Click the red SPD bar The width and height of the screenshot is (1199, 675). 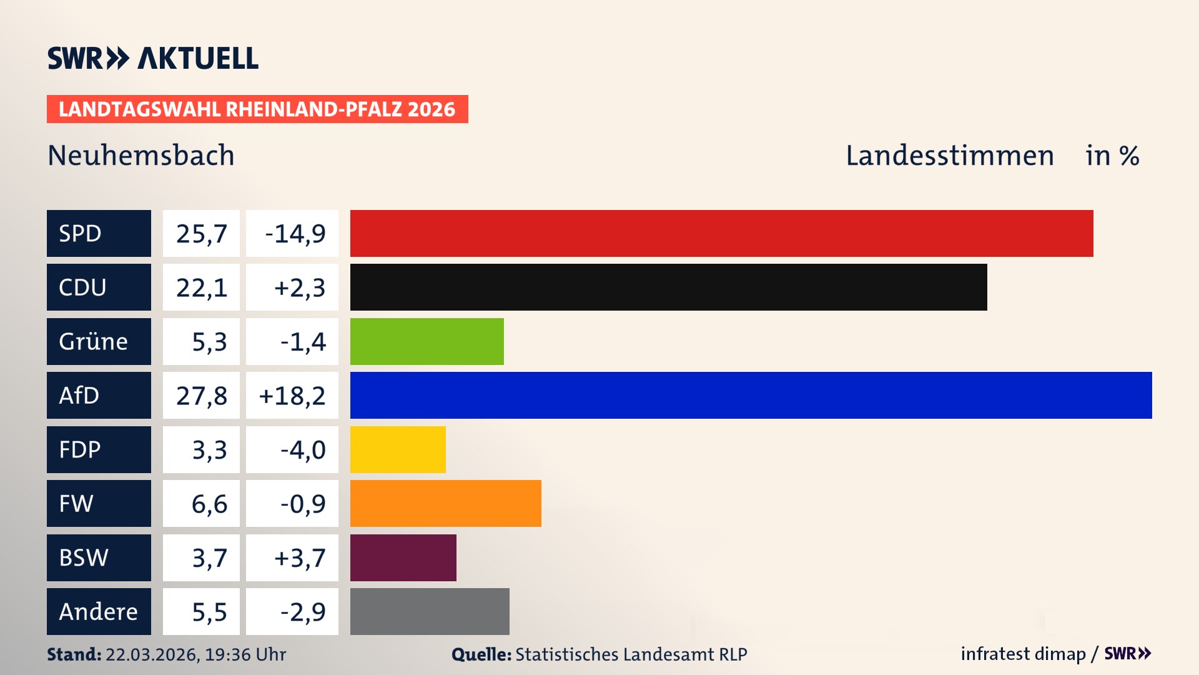[721, 233]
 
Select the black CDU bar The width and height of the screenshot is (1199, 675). [668, 287]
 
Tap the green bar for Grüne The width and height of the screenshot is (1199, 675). [427, 341]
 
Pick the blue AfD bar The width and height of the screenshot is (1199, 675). [751, 395]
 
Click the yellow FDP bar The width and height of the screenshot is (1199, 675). [398, 449]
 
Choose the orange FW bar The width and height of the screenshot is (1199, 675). [445, 503]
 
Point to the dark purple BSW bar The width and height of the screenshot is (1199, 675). [403, 557]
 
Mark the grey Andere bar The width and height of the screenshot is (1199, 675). [430, 611]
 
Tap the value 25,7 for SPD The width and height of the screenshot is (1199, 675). [201, 233]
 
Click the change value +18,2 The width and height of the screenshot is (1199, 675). [292, 395]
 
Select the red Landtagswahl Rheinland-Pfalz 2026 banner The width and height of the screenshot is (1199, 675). [257, 109]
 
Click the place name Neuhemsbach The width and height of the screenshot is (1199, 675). [141, 155]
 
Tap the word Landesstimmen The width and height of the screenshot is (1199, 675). [949, 155]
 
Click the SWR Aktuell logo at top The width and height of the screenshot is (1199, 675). [153, 58]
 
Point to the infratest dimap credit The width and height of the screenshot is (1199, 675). [1022, 654]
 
